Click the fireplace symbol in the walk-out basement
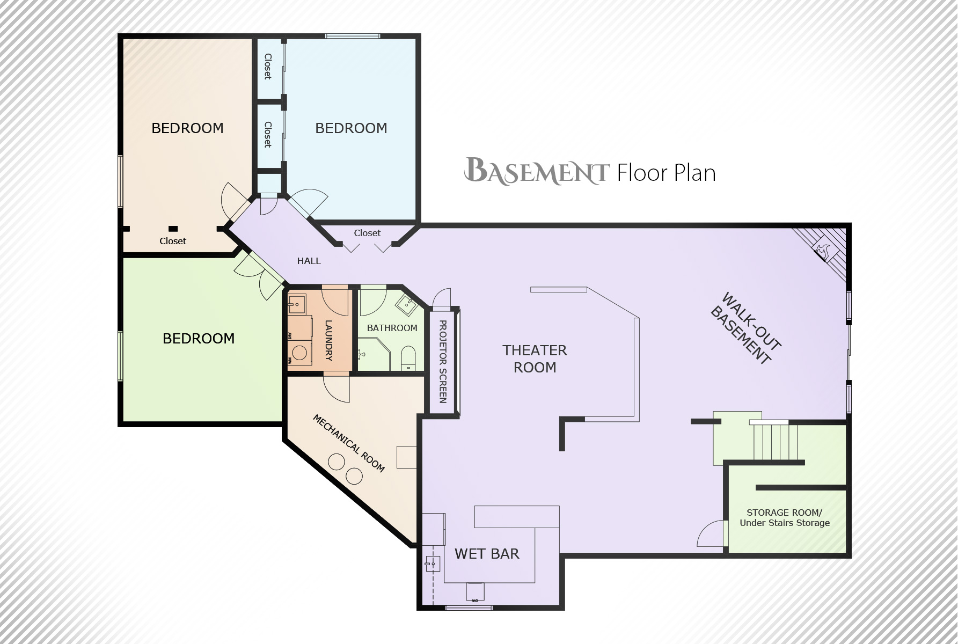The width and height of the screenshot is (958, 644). (823, 249)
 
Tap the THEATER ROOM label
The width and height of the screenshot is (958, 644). (535, 359)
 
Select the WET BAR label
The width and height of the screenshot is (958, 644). (487, 554)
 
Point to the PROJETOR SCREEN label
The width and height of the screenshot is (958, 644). (443, 362)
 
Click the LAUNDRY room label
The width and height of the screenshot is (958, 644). (328, 340)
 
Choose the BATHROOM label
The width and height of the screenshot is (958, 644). (392, 328)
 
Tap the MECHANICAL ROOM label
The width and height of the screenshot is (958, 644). (349, 443)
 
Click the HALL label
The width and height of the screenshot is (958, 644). (309, 261)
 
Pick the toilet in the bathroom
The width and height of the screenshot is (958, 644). (408, 358)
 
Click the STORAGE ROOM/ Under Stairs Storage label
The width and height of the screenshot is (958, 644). (785, 518)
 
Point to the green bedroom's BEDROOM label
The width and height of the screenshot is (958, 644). (199, 339)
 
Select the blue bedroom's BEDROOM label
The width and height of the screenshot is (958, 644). (351, 128)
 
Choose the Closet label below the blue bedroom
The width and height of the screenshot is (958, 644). (367, 233)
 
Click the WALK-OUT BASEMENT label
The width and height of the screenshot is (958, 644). (745, 328)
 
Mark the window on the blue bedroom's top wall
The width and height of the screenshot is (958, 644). (353, 36)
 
